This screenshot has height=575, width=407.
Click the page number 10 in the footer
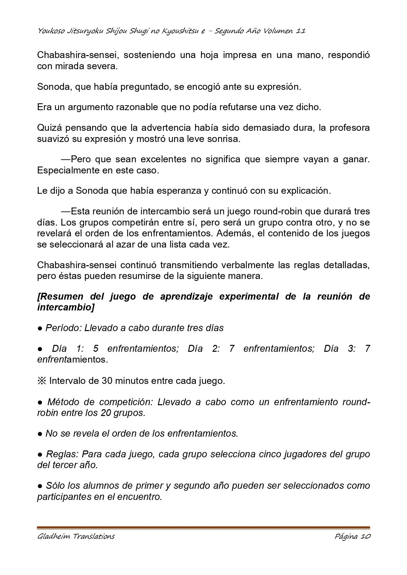pos(365,536)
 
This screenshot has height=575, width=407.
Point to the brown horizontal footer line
pos(203,527)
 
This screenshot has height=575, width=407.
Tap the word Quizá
pos(49,128)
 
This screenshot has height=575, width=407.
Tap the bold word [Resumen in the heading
pos(60,296)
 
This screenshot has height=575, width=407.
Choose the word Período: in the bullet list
pos(63,328)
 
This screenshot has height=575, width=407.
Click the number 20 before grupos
pos(106,413)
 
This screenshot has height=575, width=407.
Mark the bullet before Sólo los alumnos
pos(40,486)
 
